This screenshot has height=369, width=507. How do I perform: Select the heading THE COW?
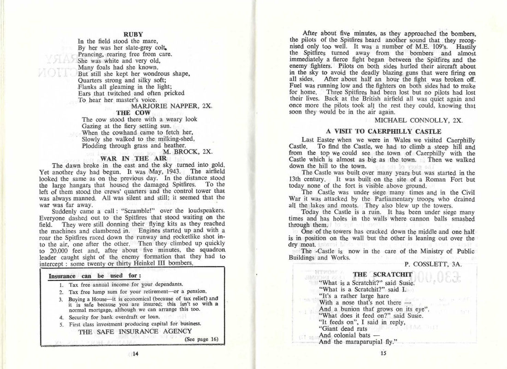click(130, 112)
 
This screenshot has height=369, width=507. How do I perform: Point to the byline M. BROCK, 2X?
click(188, 151)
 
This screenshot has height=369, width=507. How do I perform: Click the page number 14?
click(136, 354)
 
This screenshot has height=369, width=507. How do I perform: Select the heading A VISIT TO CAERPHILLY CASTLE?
click(383, 131)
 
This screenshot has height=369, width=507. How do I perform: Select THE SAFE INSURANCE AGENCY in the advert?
click(135, 331)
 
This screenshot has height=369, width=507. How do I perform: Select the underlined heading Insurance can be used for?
click(88, 276)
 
